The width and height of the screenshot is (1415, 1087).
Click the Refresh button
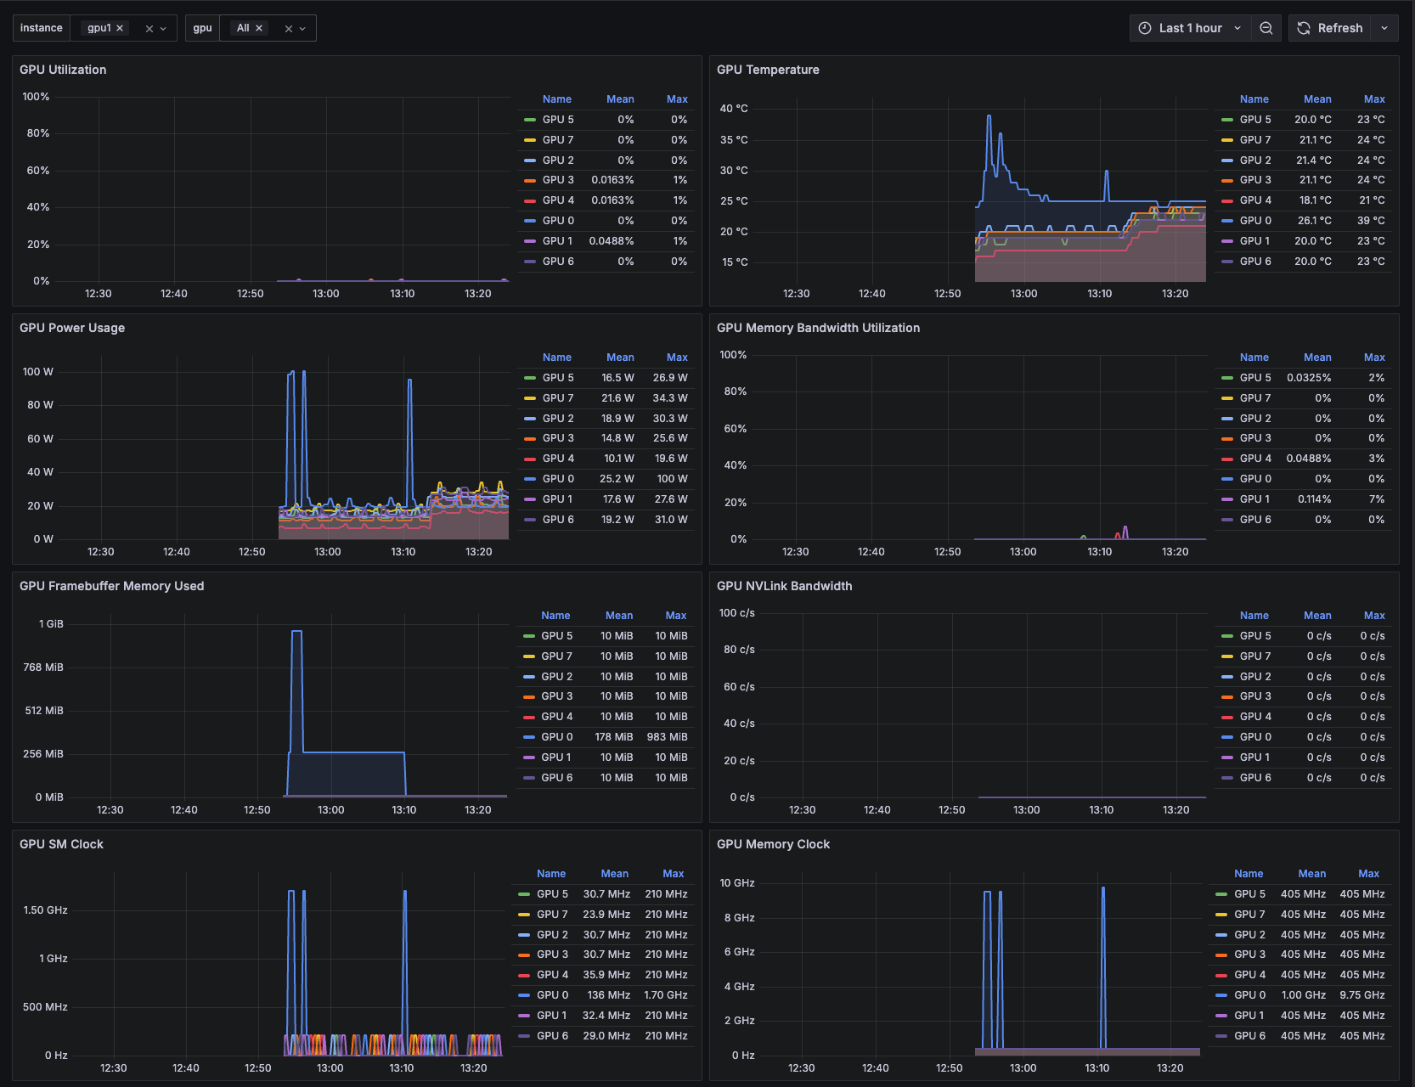pos(1331,28)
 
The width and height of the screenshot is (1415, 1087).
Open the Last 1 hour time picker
pos(1190,28)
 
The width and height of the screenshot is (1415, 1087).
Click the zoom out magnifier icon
pos(1266,28)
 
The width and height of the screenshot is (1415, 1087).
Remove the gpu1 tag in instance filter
pos(120,28)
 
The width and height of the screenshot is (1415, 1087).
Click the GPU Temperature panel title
pos(768,70)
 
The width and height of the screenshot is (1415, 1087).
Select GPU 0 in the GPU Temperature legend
pos(1254,221)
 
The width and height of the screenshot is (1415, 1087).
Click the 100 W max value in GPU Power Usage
pos(672,479)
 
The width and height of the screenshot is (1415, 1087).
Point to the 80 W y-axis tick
pos(40,405)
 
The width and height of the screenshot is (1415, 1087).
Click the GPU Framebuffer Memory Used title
pos(111,586)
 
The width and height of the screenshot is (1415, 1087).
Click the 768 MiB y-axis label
pos(43,667)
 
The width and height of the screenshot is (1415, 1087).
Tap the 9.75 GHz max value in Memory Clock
pos(1361,995)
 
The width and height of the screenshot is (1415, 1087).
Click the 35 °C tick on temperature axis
pos(734,140)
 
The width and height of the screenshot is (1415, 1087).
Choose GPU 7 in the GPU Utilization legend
pos(557,140)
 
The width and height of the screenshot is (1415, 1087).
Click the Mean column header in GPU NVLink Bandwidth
pos(1316,616)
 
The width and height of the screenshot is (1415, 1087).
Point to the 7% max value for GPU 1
pos(1376,499)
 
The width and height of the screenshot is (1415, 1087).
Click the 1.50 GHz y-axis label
pos(45,910)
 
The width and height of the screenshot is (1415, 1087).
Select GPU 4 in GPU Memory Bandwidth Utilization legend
pos(1254,459)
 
